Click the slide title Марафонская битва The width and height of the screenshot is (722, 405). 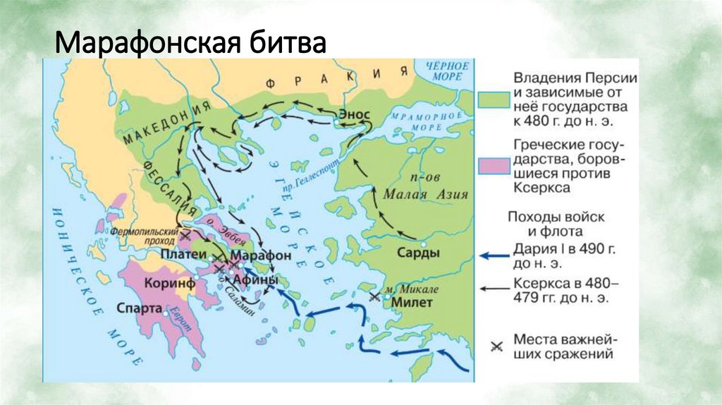pos(190,44)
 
